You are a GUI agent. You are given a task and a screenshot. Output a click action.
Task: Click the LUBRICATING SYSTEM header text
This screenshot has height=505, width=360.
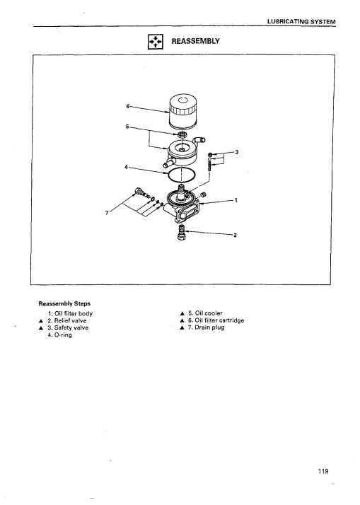301,22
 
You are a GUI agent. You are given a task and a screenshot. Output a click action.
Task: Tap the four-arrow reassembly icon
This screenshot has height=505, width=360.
156,42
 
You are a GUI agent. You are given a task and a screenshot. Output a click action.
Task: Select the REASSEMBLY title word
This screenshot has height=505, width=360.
195,41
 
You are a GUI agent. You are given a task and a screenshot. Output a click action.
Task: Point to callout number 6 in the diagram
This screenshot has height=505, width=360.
127,106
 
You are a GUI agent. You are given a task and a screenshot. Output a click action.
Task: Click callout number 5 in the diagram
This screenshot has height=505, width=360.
127,127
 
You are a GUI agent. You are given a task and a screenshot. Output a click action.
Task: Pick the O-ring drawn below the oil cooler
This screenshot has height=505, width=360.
182,175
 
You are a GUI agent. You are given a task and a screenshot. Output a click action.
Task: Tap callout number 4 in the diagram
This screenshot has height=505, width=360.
126,167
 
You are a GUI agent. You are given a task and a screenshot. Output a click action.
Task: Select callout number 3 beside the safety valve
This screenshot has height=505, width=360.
237,152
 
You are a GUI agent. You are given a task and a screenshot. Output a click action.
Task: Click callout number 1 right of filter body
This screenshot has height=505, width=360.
236,200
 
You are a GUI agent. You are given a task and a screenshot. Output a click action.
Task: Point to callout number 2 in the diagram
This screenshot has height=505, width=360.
235,235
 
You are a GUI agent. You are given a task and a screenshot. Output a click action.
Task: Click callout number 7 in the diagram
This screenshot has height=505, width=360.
107,213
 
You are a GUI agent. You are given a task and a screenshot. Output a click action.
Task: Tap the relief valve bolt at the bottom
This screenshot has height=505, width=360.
181,233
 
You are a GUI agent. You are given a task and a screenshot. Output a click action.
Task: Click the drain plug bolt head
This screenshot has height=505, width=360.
138,191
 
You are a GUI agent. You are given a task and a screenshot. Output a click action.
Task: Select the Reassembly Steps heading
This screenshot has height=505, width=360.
64,303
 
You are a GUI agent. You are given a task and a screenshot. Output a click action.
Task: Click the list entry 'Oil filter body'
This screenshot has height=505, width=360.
70,313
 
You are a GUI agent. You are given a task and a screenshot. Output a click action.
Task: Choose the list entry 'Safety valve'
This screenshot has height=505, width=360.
68,328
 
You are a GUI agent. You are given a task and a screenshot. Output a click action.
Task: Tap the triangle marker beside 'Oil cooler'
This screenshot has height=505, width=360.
182,313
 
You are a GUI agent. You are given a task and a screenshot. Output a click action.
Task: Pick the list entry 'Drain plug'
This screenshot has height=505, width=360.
206,327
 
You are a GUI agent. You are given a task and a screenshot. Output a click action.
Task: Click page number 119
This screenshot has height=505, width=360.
323,471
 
